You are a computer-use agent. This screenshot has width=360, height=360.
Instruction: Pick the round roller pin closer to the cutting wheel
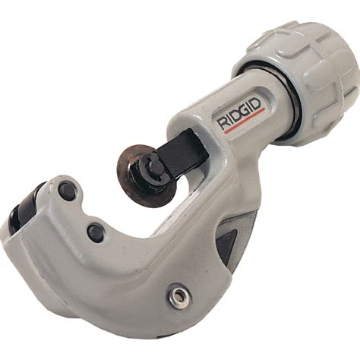pyautogui.click(x=95, y=232)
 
